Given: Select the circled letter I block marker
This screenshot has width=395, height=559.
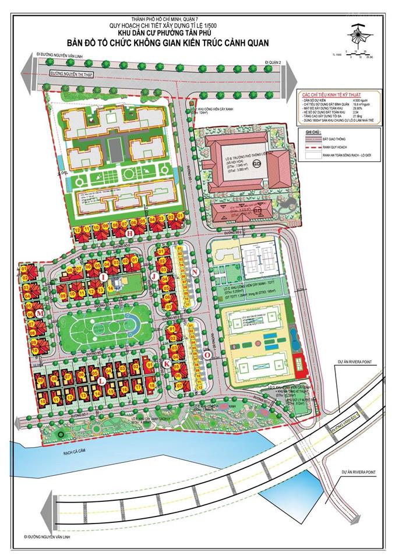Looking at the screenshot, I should coord(103,277).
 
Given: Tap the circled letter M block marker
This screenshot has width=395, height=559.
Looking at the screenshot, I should coord(40,314).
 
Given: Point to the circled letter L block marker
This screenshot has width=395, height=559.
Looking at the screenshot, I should coord(101,380).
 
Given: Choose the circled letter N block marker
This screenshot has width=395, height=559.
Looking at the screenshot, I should coord(195,272).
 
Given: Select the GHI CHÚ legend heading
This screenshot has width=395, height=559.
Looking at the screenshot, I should coord(306,133).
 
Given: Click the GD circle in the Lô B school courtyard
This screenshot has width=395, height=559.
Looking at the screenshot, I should coord(257,163).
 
